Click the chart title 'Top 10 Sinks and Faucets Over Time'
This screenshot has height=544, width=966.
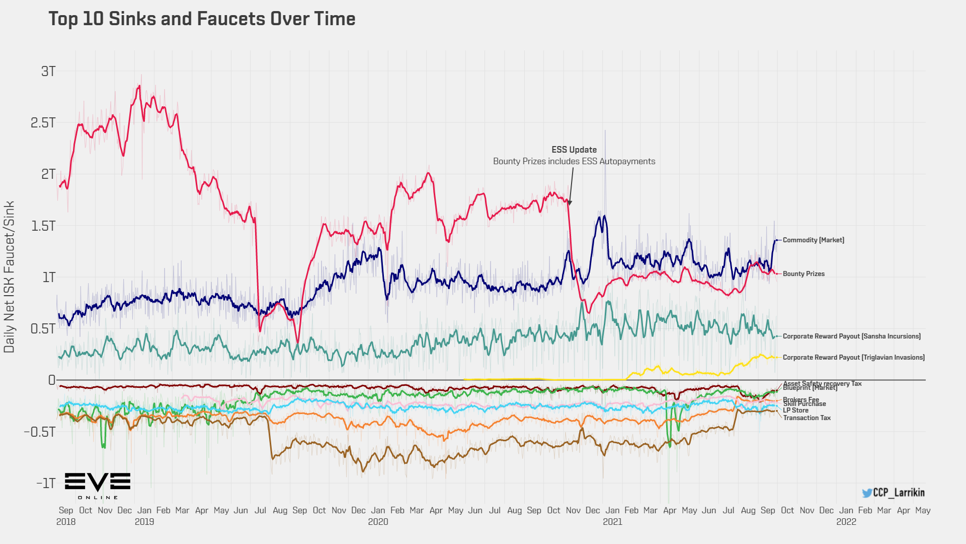point(202,19)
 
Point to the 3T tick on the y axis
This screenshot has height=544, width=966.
point(48,72)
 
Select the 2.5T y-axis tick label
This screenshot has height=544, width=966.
point(43,123)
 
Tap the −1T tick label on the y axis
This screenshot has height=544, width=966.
point(46,484)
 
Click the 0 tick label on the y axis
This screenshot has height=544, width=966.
point(51,380)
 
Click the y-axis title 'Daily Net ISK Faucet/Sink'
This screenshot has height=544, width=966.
point(10,277)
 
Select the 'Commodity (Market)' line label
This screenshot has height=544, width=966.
point(813,240)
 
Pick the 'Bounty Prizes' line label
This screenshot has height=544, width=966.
point(803,274)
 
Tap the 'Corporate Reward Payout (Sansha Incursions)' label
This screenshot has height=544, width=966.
point(851,336)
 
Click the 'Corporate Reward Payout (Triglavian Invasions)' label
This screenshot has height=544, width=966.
point(853,358)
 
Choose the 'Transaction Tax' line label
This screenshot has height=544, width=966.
point(807,418)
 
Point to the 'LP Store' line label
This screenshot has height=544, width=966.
point(795,411)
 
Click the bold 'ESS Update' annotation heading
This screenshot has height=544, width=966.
point(574,150)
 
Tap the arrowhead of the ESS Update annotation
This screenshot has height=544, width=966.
point(570,203)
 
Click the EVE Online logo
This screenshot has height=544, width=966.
point(98,486)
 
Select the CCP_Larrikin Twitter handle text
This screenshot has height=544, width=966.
point(899,493)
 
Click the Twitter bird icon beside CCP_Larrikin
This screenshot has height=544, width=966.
point(867,493)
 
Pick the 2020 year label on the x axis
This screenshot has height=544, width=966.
point(378,522)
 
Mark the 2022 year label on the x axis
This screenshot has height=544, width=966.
point(846,522)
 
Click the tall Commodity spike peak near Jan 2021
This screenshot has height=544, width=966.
point(605,131)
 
